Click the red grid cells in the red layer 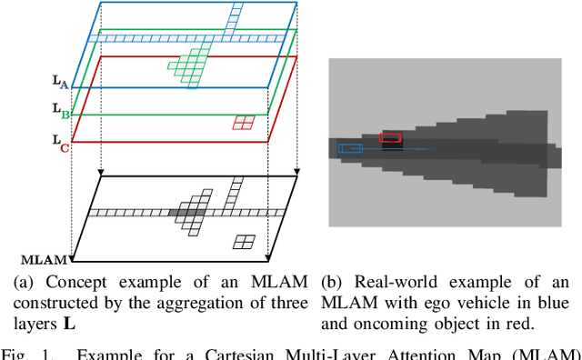243,123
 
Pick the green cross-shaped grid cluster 191,67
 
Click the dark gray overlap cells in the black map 187,213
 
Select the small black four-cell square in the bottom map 243,241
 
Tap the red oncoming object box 390,137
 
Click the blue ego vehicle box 350,148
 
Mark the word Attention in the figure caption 417,353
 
